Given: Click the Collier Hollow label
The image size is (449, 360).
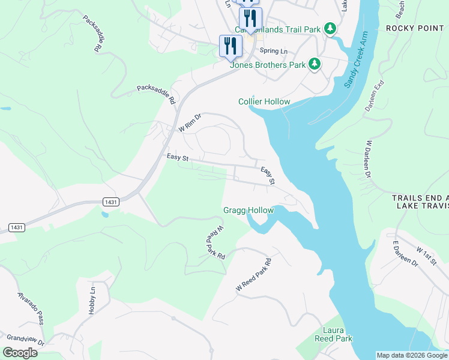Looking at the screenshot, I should coord(264,101).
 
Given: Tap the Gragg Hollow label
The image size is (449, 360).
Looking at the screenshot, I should coord(249,210).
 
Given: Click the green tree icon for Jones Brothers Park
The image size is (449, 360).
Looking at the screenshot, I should coord(314,64).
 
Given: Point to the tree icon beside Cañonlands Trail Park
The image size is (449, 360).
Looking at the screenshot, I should coord(330,29).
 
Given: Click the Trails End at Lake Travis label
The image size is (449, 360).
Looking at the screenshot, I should coord(420,202).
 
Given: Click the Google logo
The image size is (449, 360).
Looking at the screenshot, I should coord(19,353).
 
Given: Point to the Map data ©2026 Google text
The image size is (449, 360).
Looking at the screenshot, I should coord(411,355).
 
